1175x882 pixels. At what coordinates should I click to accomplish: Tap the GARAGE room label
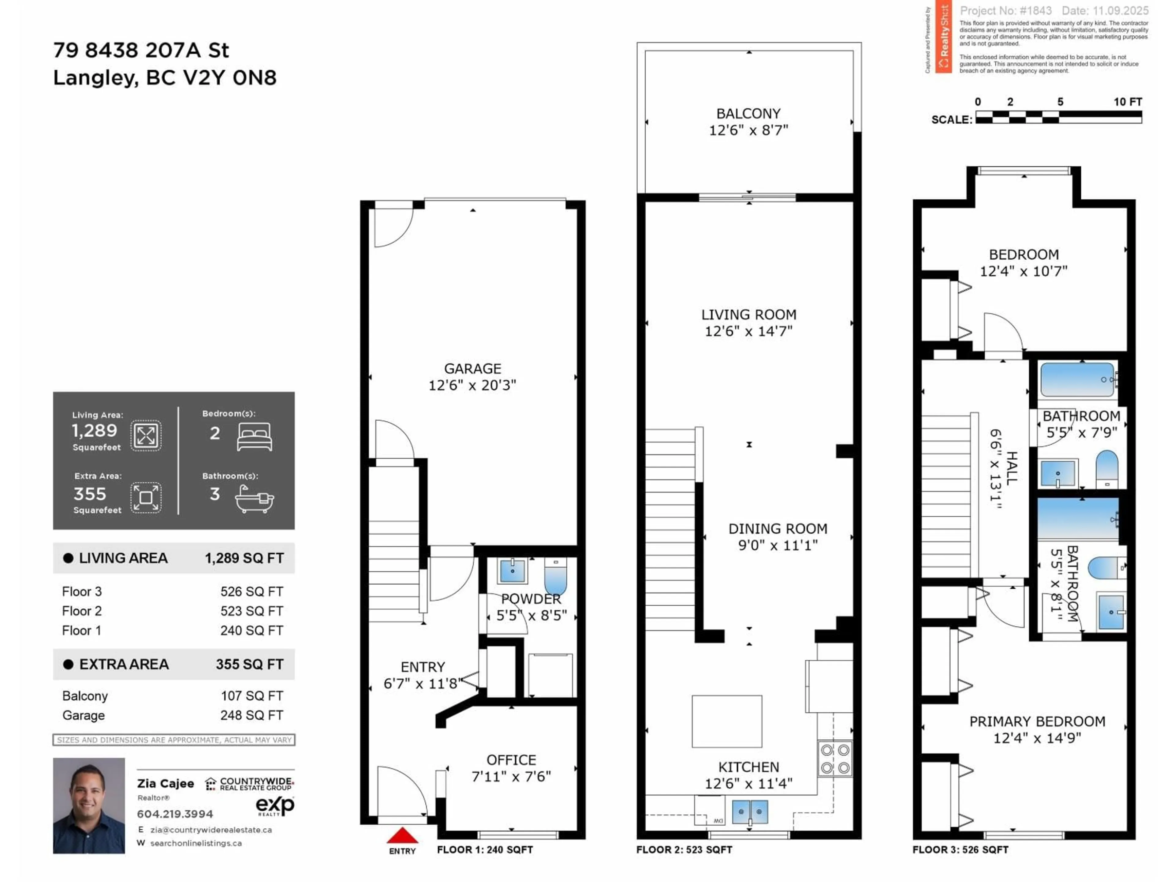pyautogui.click(x=472, y=368)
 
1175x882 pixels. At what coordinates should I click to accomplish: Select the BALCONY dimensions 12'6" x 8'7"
pyautogui.click(x=748, y=130)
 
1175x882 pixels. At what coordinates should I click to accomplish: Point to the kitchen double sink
pyautogui.click(x=749, y=812)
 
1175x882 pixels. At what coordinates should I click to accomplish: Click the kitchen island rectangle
pyautogui.click(x=727, y=721)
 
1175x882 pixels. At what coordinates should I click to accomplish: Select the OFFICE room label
pyautogui.click(x=511, y=760)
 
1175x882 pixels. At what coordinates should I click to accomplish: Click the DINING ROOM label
pyautogui.click(x=778, y=529)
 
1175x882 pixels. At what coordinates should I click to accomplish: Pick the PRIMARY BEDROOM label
pyautogui.click(x=1037, y=722)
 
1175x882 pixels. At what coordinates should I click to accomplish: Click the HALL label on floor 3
pyautogui.click(x=1011, y=468)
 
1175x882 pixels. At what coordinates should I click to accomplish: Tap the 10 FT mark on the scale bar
pyautogui.click(x=1127, y=102)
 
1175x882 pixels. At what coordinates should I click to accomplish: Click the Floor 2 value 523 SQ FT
pyautogui.click(x=252, y=611)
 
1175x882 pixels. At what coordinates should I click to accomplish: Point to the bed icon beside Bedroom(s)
pyautogui.click(x=255, y=436)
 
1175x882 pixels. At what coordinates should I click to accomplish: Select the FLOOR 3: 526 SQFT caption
pyautogui.click(x=960, y=850)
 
